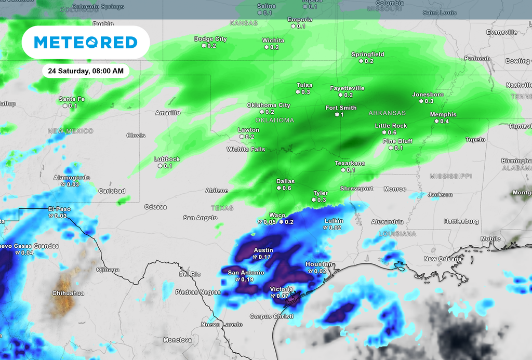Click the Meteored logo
[x=86, y=42]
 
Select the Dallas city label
[x=285, y=182]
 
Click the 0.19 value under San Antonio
[x=247, y=279]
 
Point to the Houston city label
[x=318, y=264]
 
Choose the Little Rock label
[x=391, y=126]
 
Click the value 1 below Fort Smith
[x=342, y=114]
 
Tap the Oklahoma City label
[x=268, y=105]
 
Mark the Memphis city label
[x=443, y=115]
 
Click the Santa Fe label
[x=72, y=99]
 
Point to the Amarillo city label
[x=168, y=113]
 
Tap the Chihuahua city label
[x=68, y=293]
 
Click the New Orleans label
[x=441, y=259]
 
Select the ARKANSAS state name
[x=387, y=113]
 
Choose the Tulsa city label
[x=304, y=85]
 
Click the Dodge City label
[x=210, y=39]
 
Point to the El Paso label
[x=59, y=209]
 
